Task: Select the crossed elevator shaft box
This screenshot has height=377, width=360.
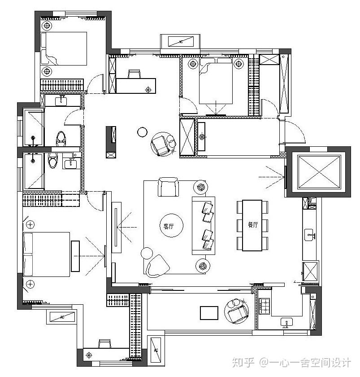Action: pyautogui.click(x=319, y=172)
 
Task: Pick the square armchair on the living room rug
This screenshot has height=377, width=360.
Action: pyautogui.click(x=168, y=187)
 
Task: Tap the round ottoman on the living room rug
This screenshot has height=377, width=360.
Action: pyautogui.click(x=147, y=253)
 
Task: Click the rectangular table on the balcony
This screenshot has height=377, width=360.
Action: pyautogui.click(x=209, y=312)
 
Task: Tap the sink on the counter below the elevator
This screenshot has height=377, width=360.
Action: pyautogui.click(x=310, y=234)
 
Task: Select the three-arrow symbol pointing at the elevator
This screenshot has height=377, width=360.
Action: pyautogui.click(x=274, y=177)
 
